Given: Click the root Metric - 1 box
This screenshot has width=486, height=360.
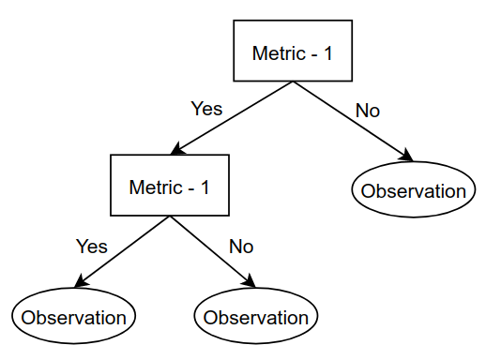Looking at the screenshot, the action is click(x=293, y=51).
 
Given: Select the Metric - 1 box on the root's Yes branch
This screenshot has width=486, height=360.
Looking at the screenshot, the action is click(x=170, y=185).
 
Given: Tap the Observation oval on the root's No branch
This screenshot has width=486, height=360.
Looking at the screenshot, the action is click(x=414, y=189).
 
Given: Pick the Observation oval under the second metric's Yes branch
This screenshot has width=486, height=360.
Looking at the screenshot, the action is click(x=74, y=316).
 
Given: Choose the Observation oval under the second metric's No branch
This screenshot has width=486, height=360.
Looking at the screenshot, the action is click(x=256, y=316).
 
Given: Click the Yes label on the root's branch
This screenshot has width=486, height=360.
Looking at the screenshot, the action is click(x=206, y=109).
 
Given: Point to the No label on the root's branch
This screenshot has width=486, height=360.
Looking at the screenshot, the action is click(x=368, y=111).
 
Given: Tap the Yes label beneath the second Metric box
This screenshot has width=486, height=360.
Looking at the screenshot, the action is click(x=92, y=247).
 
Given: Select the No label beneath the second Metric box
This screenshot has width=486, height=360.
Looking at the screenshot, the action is click(x=241, y=247).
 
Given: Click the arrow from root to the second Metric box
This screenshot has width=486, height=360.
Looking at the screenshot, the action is click(x=232, y=118).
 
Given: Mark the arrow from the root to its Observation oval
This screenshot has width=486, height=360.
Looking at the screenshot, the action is click(x=353, y=121).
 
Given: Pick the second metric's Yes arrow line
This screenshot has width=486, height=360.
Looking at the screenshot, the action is click(x=122, y=251).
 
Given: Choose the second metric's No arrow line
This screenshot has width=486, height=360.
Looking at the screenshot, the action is click(x=213, y=251).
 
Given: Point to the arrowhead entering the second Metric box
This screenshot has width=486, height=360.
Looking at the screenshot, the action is click(x=177, y=149).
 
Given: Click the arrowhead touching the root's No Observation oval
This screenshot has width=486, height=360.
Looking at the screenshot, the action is click(x=407, y=156).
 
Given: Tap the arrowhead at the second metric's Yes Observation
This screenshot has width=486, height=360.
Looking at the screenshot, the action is click(x=82, y=281).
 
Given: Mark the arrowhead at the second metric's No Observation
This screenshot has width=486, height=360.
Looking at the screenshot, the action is click(x=250, y=281).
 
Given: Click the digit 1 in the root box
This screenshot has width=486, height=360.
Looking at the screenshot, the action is click(x=328, y=53).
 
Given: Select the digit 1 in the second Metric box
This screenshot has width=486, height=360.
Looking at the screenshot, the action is click(x=205, y=187).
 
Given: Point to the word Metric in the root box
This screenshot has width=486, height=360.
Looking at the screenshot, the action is click(x=279, y=53).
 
